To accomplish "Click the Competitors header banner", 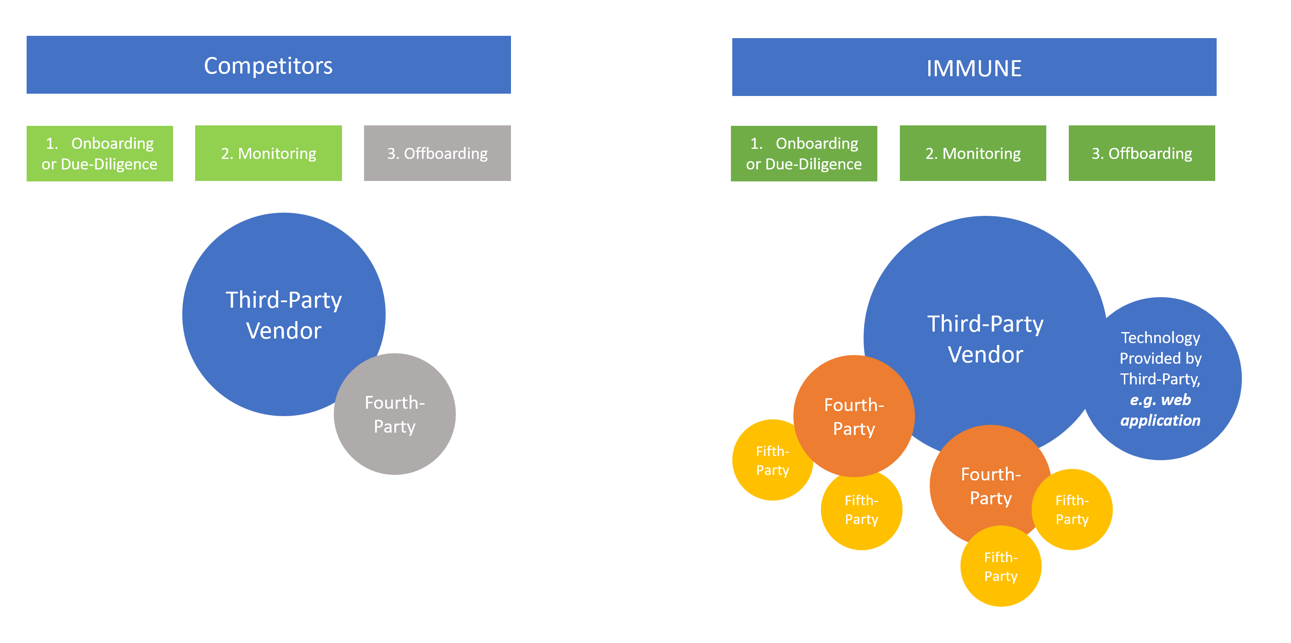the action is pos(269,65).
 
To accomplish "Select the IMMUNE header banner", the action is pos(974,67).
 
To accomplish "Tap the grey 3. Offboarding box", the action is pos(437,153).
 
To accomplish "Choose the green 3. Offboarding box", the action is pos(1142,153).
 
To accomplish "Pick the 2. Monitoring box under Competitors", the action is pos(268,153).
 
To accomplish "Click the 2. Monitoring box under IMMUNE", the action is pos(973,153).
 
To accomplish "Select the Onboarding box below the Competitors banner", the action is pos(100,153).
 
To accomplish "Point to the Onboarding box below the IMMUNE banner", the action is pos(804,153).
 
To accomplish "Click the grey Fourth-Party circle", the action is pos(395,414).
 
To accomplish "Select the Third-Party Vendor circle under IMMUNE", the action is pos(985,321).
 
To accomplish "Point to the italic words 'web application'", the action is pos(1161,410).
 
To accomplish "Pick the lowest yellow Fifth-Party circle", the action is pos(1001,566).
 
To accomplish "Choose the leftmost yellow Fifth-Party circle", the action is pos(767,460).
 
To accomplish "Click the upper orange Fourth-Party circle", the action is pos(854,416).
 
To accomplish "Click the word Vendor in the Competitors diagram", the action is pos(284,331).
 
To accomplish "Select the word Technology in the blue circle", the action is pos(1161,338).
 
